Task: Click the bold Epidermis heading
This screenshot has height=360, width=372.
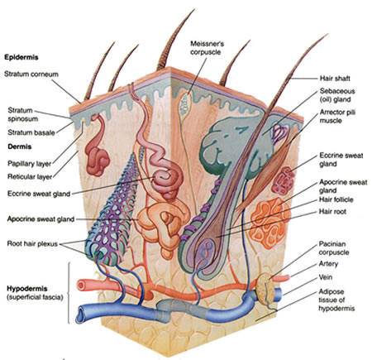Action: pyautogui.click(x=21, y=57)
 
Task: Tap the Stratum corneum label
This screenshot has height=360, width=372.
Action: pyautogui.click(x=31, y=74)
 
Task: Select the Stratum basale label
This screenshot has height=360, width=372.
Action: pyautogui.click(x=31, y=132)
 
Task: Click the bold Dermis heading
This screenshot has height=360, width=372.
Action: pyautogui.click(x=19, y=146)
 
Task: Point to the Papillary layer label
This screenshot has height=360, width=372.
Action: pyautogui.click(x=29, y=164)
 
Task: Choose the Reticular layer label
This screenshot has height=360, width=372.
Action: pyautogui.click(x=30, y=176)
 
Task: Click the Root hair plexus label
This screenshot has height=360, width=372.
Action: pyautogui.click(x=32, y=243)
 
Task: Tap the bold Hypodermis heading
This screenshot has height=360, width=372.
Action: pyautogui.click(x=27, y=289)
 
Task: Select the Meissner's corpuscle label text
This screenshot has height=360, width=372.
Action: pyautogui.click(x=207, y=47)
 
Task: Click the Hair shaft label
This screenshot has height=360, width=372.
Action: pyautogui.click(x=335, y=79)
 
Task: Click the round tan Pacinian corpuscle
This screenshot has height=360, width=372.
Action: pyautogui.click(x=265, y=289)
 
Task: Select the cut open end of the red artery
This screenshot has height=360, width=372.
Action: pyautogui.click(x=81, y=286)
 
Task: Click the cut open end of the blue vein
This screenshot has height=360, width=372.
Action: pyautogui.click(x=79, y=314)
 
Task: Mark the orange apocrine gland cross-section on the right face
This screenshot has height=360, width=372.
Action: pyautogui.click(x=269, y=222)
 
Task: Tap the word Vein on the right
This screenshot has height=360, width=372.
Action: pyautogui.click(x=326, y=277)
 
